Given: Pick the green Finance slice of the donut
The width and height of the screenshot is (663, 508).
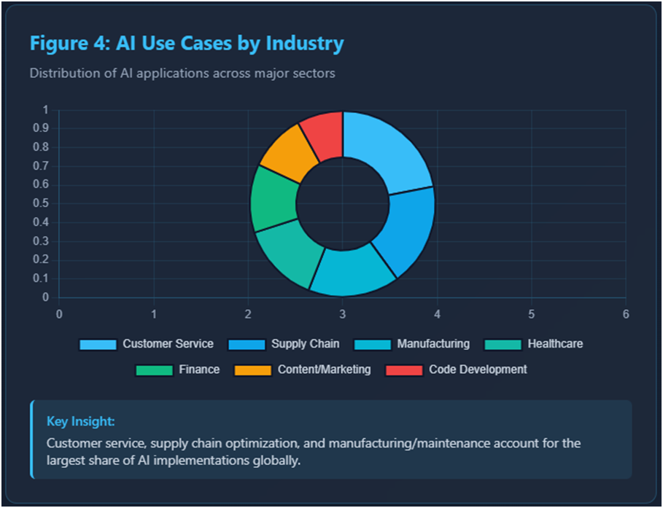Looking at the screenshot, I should coord(274,199).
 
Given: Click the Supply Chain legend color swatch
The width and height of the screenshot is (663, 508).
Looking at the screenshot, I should coord(246,344).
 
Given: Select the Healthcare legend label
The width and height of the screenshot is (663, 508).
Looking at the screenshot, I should coord(555,343).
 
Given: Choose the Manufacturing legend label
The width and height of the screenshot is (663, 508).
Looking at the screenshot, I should coord(433,343).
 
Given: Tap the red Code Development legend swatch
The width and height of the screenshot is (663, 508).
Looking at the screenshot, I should coord(403,370).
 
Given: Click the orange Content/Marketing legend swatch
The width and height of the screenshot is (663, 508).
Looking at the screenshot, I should coord(252,370).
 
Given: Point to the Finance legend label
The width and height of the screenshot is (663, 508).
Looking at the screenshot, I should coord(199,370).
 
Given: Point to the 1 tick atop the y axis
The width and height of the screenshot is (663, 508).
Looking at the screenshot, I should coord(45,110).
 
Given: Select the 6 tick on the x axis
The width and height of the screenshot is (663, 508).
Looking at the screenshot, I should coord(625,313).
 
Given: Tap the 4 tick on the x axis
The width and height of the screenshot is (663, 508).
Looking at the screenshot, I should coord(437,313).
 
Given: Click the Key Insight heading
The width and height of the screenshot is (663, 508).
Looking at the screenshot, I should coord(81,421).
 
